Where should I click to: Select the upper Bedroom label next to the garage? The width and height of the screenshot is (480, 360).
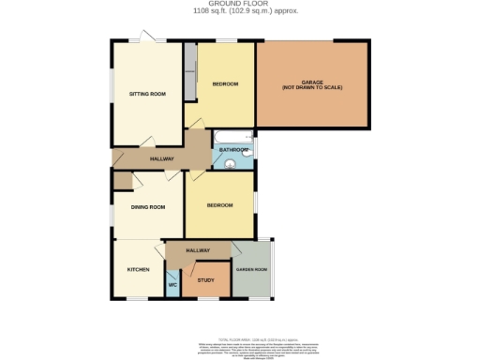(x=225, y=84)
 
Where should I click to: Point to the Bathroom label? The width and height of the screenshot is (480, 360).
(x=233, y=150)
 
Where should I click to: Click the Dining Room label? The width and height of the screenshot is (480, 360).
(x=147, y=207)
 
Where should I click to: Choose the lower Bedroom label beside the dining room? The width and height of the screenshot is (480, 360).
(x=219, y=204)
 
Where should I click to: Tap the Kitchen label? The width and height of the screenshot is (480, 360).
(x=139, y=269)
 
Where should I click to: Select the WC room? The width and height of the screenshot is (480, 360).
(x=172, y=284)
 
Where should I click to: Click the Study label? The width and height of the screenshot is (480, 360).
(x=205, y=279)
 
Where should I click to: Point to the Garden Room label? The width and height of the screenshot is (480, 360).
(x=251, y=269)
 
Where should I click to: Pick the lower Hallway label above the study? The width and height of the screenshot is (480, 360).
(x=197, y=250)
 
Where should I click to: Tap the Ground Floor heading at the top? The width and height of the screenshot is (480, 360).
(x=240, y=5)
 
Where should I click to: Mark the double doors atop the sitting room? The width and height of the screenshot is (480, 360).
(x=146, y=38)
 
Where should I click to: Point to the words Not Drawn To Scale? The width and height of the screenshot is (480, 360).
(x=312, y=87)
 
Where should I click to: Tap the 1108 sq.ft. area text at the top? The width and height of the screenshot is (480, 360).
(x=240, y=12)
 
